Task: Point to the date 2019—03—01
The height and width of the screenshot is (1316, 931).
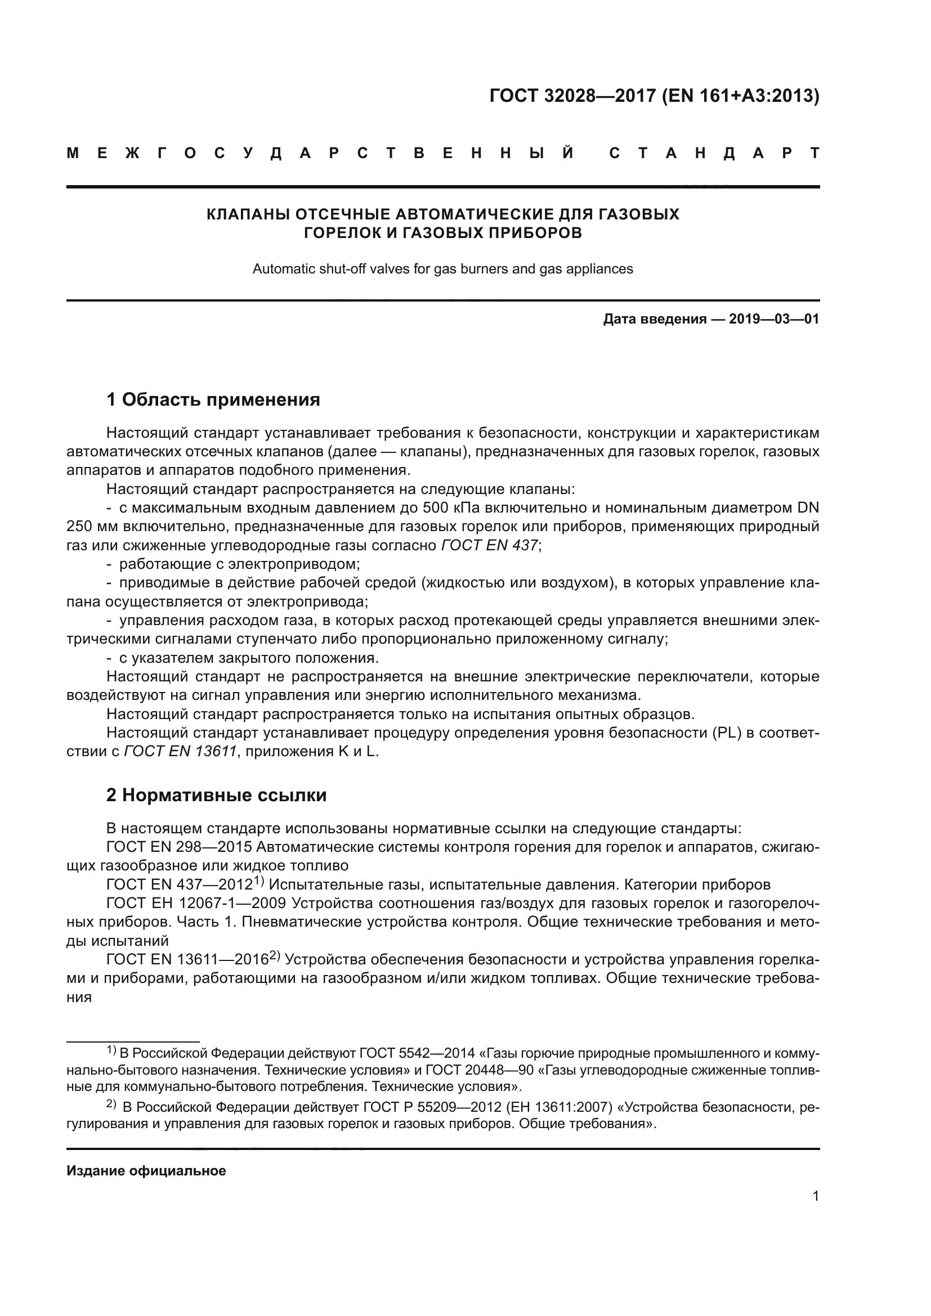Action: [x=773, y=319]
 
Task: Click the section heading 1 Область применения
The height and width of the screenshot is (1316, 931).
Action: [x=213, y=399]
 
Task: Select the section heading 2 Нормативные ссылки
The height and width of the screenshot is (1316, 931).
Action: [x=216, y=796]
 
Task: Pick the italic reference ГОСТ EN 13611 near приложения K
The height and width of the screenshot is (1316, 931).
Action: [x=181, y=752]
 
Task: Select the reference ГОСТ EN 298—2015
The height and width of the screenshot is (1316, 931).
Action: [x=180, y=847]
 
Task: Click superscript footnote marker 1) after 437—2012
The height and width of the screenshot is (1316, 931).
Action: [x=258, y=881]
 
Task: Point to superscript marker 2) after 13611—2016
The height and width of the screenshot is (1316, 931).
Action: [x=275, y=955]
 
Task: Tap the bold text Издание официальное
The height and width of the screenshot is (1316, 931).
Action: [x=146, y=1171]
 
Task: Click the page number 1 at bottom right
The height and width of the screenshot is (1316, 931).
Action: [x=815, y=1196]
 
